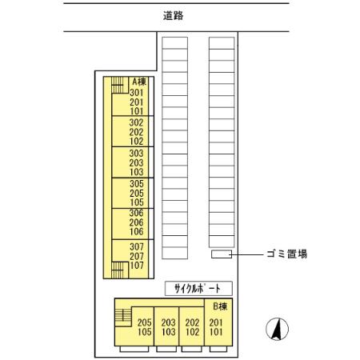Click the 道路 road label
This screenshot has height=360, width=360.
172,15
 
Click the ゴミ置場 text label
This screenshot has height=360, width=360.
288,254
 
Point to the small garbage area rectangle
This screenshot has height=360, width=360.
221,254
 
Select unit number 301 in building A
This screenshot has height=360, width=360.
135,92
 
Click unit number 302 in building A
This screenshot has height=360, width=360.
135,122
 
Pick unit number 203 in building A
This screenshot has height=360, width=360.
135,162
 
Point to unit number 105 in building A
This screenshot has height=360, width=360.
135,202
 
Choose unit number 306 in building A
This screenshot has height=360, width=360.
135,214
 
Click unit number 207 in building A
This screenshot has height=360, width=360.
135,255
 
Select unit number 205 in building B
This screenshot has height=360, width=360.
144,322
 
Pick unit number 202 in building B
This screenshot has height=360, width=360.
192,322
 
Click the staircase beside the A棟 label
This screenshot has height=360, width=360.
118,82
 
